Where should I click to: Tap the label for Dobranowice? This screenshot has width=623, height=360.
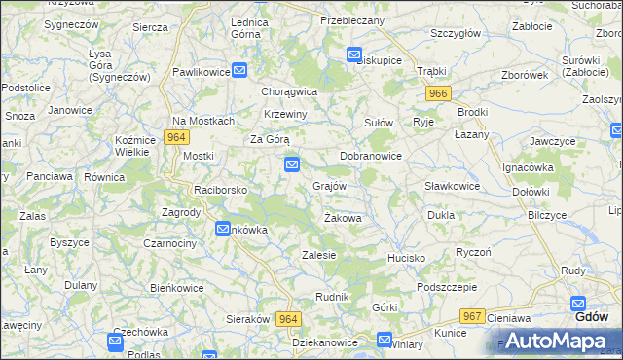pyautogui.click(x=371, y=156)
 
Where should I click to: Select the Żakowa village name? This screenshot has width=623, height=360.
pyautogui.click(x=343, y=218)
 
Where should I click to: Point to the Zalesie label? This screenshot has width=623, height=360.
pyautogui.click(x=319, y=255)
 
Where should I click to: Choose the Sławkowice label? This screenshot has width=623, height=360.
pyautogui.click(x=452, y=186)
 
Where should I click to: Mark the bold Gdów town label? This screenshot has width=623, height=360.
pyautogui.click(x=592, y=317)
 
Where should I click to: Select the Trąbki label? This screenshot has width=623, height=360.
pyautogui.click(x=430, y=71)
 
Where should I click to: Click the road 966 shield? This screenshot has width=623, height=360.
pyautogui.click(x=438, y=93)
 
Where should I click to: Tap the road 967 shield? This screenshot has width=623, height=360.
pyautogui.click(x=473, y=316)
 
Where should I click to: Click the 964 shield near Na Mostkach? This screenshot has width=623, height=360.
pyautogui.click(x=176, y=138)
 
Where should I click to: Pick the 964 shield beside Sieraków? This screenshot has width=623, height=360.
pyautogui.click(x=288, y=319)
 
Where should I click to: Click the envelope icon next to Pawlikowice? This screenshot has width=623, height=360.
pyautogui.click(x=239, y=70)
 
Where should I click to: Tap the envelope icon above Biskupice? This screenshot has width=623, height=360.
pyautogui.click(x=354, y=55)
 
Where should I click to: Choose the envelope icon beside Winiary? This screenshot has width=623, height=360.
pyautogui.click(x=384, y=342)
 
